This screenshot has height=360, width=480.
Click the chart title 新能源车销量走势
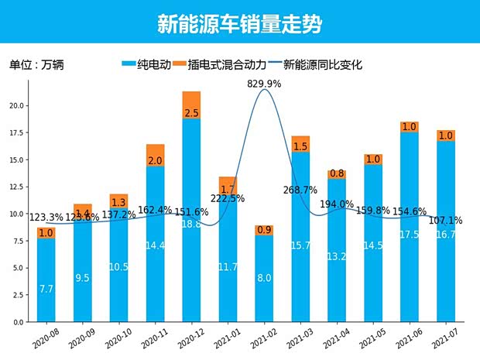[x=240, y=23]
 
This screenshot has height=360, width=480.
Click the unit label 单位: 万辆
[x=36, y=65]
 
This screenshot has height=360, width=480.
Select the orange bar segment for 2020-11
[x=155, y=155]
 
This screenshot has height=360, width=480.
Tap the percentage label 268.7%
[x=301, y=190]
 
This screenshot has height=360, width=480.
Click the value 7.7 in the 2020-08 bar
[x=46, y=288]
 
